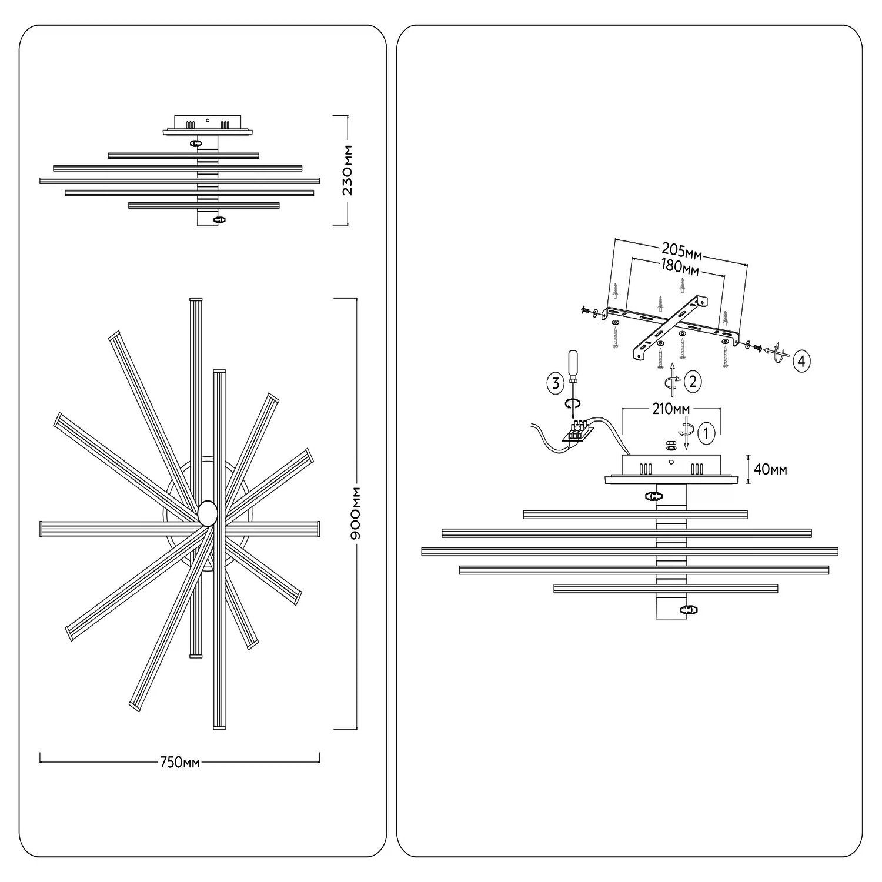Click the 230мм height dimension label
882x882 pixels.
pyautogui.click(x=348, y=170)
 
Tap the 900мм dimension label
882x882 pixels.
pyautogui.click(x=355, y=513)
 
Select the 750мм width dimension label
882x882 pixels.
pyautogui.click(x=180, y=763)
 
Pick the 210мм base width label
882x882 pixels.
pyautogui.click(x=671, y=409)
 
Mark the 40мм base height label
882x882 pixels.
pyautogui.click(x=770, y=469)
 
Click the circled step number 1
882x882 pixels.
pyautogui.click(x=706, y=434)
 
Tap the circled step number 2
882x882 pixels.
pyautogui.click(x=693, y=382)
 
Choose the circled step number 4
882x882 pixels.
pyautogui.click(x=801, y=361)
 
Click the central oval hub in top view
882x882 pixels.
pyautogui.click(x=208, y=513)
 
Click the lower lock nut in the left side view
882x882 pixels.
pyautogui.click(x=219, y=219)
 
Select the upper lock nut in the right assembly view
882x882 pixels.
pyautogui.click(x=652, y=496)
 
